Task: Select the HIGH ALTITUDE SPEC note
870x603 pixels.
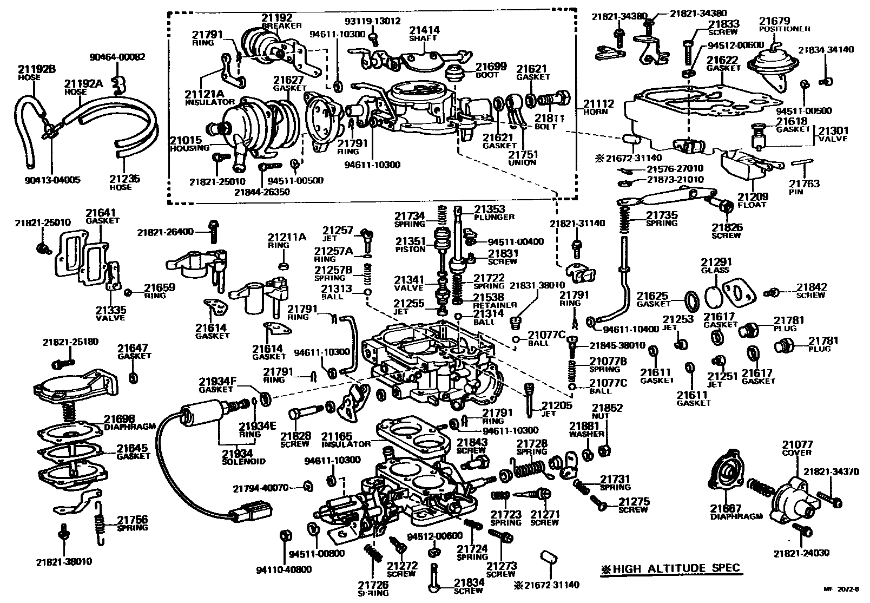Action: [x=671, y=569]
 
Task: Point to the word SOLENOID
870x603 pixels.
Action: [x=244, y=461]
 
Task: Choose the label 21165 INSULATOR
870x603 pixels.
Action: [x=337, y=436]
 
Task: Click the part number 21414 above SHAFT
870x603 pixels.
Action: [x=424, y=30]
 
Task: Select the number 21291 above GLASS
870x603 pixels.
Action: [x=715, y=262]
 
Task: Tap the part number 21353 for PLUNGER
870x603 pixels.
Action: [x=490, y=209]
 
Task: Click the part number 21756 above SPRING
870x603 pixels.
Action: [x=132, y=519]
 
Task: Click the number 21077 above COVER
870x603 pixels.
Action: [x=797, y=445]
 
